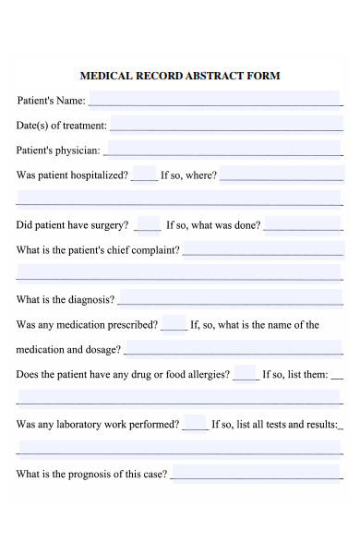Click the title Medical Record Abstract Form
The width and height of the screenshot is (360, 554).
click(x=180, y=76)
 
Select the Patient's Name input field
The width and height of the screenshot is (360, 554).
click(x=214, y=99)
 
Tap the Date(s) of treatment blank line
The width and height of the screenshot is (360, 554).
click(x=225, y=124)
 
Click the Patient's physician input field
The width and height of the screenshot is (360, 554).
click(x=222, y=148)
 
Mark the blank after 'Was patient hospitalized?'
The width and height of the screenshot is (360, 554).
click(x=144, y=174)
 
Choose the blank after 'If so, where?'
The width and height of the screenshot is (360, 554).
click(x=281, y=174)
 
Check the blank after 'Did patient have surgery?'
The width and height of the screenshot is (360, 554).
click(x=148, y=223)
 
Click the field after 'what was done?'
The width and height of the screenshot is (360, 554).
click(x=303, y=223)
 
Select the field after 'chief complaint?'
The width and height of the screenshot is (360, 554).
click(x=262, y=248)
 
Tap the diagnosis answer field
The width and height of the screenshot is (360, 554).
click(x=230, y=298)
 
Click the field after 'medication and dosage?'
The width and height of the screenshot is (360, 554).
click(x=233, y=349)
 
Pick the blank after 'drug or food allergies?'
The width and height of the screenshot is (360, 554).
click(x=246, y=374)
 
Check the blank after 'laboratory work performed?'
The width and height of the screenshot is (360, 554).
click(x=195, y=424)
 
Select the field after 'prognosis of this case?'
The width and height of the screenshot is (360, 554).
click(x=256, y=473)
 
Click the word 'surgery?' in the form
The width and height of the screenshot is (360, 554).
click(x=112, y=224)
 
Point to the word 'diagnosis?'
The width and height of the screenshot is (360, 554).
click(x=90, y=299)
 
